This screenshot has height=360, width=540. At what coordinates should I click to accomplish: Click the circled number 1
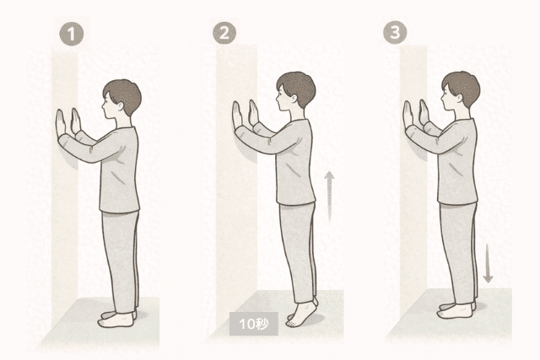pos(72,34)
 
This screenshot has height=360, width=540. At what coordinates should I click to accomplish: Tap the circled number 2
pos(224,33)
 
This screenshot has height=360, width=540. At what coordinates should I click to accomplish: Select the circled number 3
pos(395,32)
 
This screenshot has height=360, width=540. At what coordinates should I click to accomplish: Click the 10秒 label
pos(254,324)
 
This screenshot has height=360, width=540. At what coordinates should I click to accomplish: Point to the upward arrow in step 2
pos(330,198)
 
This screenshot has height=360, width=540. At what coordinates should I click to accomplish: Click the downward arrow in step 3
pos(488,263)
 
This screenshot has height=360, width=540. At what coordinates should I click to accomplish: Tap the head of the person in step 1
pos(121,99)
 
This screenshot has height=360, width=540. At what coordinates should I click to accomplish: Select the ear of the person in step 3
pos(459,98)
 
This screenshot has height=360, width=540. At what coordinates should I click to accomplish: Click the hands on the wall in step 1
pos(68,121)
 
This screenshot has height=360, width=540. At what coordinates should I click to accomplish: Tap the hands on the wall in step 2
pos(246,115)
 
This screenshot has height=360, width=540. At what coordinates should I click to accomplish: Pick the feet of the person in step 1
pos(117,319)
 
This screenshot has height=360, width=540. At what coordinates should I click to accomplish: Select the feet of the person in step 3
pos(456,310)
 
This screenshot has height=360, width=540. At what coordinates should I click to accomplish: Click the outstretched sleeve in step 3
pos(435,138)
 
